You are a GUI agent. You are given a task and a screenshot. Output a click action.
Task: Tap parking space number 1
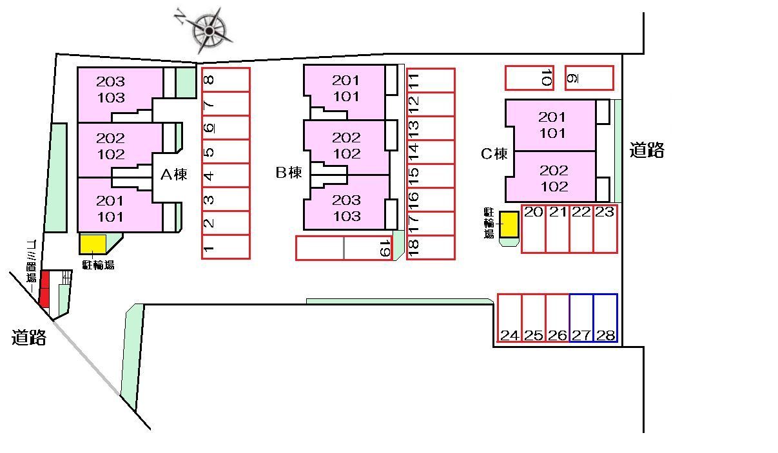pos(226,247)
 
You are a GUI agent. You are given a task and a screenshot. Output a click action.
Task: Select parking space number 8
pos(226,80)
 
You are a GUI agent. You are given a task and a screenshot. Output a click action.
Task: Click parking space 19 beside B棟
pos(368,248)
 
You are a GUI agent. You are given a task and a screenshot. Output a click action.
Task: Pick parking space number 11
pos(431,81)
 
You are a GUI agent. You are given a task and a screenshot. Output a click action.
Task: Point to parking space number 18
pos(431,247)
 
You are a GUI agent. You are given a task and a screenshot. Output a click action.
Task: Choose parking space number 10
pos(529,78)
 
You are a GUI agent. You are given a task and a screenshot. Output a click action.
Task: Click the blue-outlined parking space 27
pos(581,318)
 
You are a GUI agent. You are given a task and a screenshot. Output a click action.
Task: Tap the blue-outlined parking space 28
pos(605,318)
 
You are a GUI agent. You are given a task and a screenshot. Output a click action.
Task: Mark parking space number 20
pos(534,229)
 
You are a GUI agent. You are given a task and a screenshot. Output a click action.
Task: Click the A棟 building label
pos(173,174)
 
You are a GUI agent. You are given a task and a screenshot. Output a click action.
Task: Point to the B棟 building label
pos(289,173)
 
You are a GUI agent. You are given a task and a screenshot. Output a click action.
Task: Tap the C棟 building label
pos(494,154)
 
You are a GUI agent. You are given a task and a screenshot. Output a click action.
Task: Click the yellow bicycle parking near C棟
pos(509,224)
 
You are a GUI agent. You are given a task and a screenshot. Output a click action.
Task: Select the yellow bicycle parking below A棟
pos(93,244)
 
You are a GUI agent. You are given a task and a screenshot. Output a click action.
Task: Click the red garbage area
pos(44,289)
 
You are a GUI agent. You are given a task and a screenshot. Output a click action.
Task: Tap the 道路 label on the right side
pos(647,150)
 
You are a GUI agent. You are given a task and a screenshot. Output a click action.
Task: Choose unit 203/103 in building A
pos(111,90)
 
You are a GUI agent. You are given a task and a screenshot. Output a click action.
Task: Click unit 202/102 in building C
pos(554,178)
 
